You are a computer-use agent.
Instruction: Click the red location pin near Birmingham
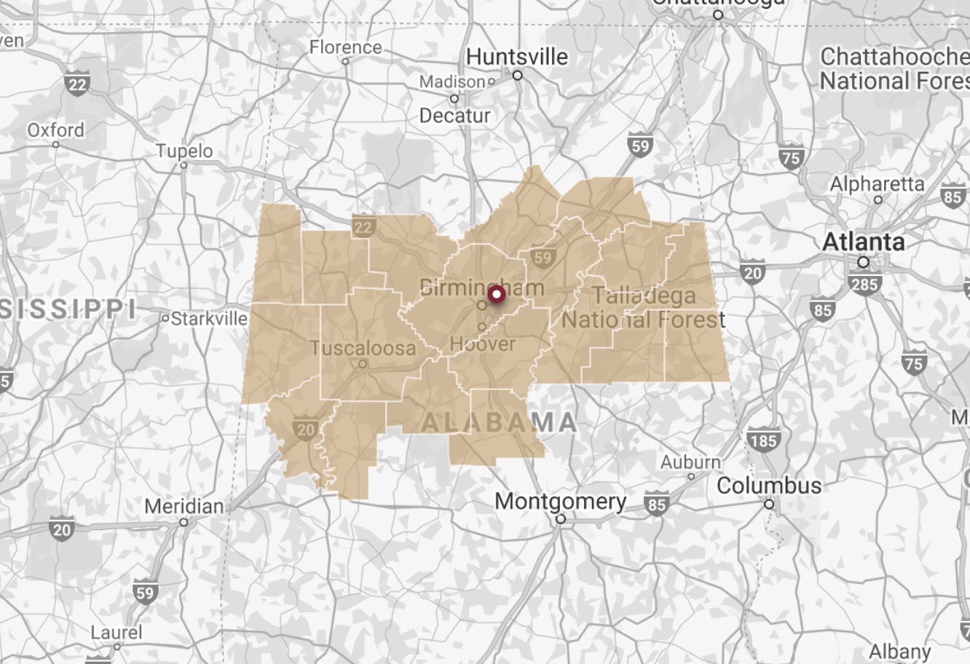click(x=497, y=294)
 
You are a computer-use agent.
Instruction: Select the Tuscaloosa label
click(x=363, y=348)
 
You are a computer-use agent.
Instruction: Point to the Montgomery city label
click(x=560, y=502)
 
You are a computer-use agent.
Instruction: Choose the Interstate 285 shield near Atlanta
click(x=864, y=282)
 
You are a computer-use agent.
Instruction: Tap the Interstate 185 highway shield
click(x=762, y=440)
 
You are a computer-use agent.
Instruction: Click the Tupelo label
click(x=184, y=151)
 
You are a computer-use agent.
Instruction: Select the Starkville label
click(x=208, y=319)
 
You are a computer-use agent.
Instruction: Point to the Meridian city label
click(x=184, y=506)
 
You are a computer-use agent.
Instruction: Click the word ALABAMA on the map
click(x=500, y=422)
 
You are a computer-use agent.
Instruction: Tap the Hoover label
click(x=482, y=344)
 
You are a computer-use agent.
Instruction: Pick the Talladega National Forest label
click(x=644, y=308)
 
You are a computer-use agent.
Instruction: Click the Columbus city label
click(x=769, y=486)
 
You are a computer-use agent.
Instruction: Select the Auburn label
click(x=690, y=462)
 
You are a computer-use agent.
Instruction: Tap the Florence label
click(x=345, y=47)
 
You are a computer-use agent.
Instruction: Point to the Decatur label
click(x=454, y=115)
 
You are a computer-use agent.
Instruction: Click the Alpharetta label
click(x=877, y=184)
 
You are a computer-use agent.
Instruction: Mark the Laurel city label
click(x=117, y=632)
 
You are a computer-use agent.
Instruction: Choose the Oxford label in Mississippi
click(x=56, y=130)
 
